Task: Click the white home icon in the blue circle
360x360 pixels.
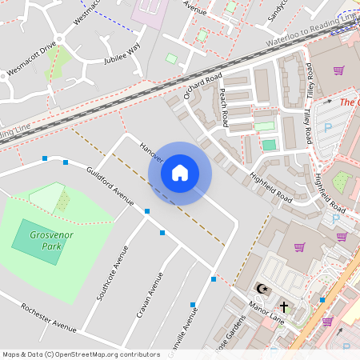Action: [180, 173]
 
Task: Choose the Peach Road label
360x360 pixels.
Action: [225, 108]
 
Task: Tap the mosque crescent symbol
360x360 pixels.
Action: [259, 288]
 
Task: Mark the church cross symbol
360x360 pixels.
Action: [283, 306]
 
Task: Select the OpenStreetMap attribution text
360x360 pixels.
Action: [81, 354]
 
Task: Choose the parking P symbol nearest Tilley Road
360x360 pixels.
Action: [326, 128]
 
